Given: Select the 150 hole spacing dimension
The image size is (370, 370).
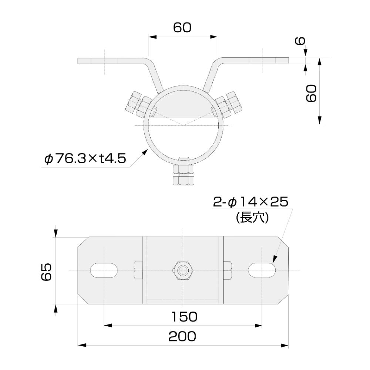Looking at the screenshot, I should click(x=184, y=316).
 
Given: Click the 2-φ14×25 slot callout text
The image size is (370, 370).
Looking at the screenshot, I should click(x=250, y=202).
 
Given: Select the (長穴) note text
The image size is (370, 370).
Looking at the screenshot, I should click(x=252, y=218).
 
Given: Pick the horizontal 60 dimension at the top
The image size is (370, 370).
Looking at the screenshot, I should click(x=182, y=28).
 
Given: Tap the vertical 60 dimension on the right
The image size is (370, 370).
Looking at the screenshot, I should click(x=311, y=93).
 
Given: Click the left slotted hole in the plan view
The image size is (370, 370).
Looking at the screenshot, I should click(x=105, y=270).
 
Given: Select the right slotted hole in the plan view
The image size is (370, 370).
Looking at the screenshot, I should click(x=262, y=269).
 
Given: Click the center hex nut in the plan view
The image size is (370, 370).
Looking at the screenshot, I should click(x=182, y=270).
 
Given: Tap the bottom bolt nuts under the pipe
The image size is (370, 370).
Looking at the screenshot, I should click(x=183, y=175).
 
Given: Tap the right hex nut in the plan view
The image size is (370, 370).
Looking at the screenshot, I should click(x=228, y=270).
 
